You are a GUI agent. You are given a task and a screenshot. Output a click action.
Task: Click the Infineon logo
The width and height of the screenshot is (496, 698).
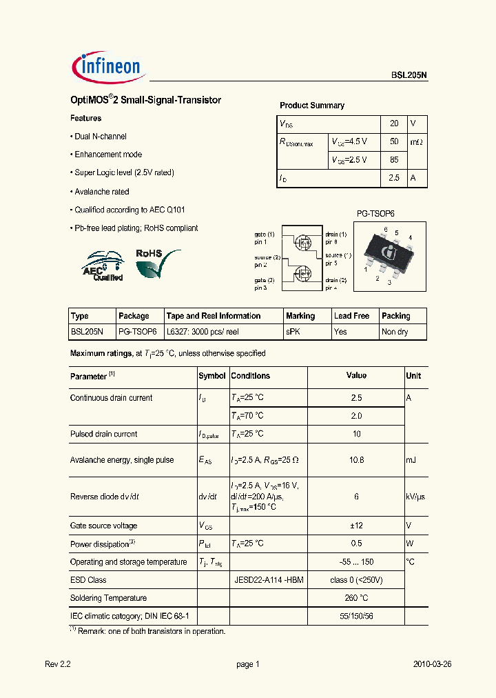pyautogui.click(x=107, y=66)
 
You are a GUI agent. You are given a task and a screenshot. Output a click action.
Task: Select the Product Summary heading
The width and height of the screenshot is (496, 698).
pyautogui.click(x=311, y=106)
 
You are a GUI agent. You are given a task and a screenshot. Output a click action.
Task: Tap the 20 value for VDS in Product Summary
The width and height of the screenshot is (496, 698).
pyautogui.click(x=394, y=123)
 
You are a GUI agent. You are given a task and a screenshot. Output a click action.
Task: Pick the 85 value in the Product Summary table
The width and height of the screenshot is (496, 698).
pyautogui.click(x=394, y=160)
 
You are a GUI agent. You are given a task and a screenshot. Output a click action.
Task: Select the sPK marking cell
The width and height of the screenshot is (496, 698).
pyautogui.click(x=293, y=332)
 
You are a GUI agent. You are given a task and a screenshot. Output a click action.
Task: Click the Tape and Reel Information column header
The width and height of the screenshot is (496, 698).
pyautogui.click(x=214, y=316)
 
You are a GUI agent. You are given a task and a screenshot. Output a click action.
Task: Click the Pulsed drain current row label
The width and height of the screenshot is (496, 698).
pyautogui.click(x=103, y=435)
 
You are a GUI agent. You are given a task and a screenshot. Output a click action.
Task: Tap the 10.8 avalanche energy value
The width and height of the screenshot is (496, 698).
pyautogui.click(x=356, y=460)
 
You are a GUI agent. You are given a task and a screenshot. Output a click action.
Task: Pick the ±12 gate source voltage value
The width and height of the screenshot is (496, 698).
pyautogui.click(x=356, y=526)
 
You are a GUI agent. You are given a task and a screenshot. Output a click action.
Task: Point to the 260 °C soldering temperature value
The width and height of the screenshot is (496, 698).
pyautogui.click(x=356, y=598)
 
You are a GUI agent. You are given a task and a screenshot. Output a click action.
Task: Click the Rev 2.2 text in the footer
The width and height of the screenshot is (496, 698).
pyautogui.click(x=58, y=665)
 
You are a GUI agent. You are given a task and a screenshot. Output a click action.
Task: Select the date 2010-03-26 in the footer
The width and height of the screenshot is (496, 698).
pyautogui.click(x=432, y=665)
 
